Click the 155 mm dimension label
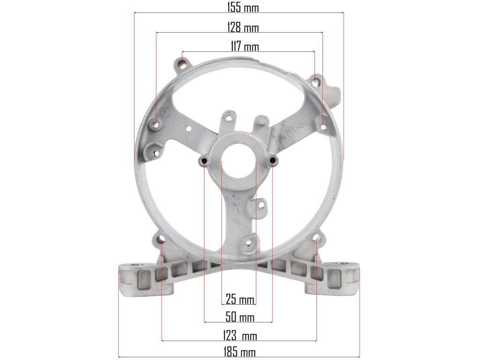[x=243, y=7]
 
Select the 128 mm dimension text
[x=243, y=27]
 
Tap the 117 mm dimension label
[x=244, y=46]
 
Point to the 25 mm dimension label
[x=240, y=299]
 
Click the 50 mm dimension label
[x=240, y=317]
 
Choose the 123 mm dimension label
[x=240, y=336]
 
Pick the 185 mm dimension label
[x=240, y=352]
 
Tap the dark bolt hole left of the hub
[x=204, y=160]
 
